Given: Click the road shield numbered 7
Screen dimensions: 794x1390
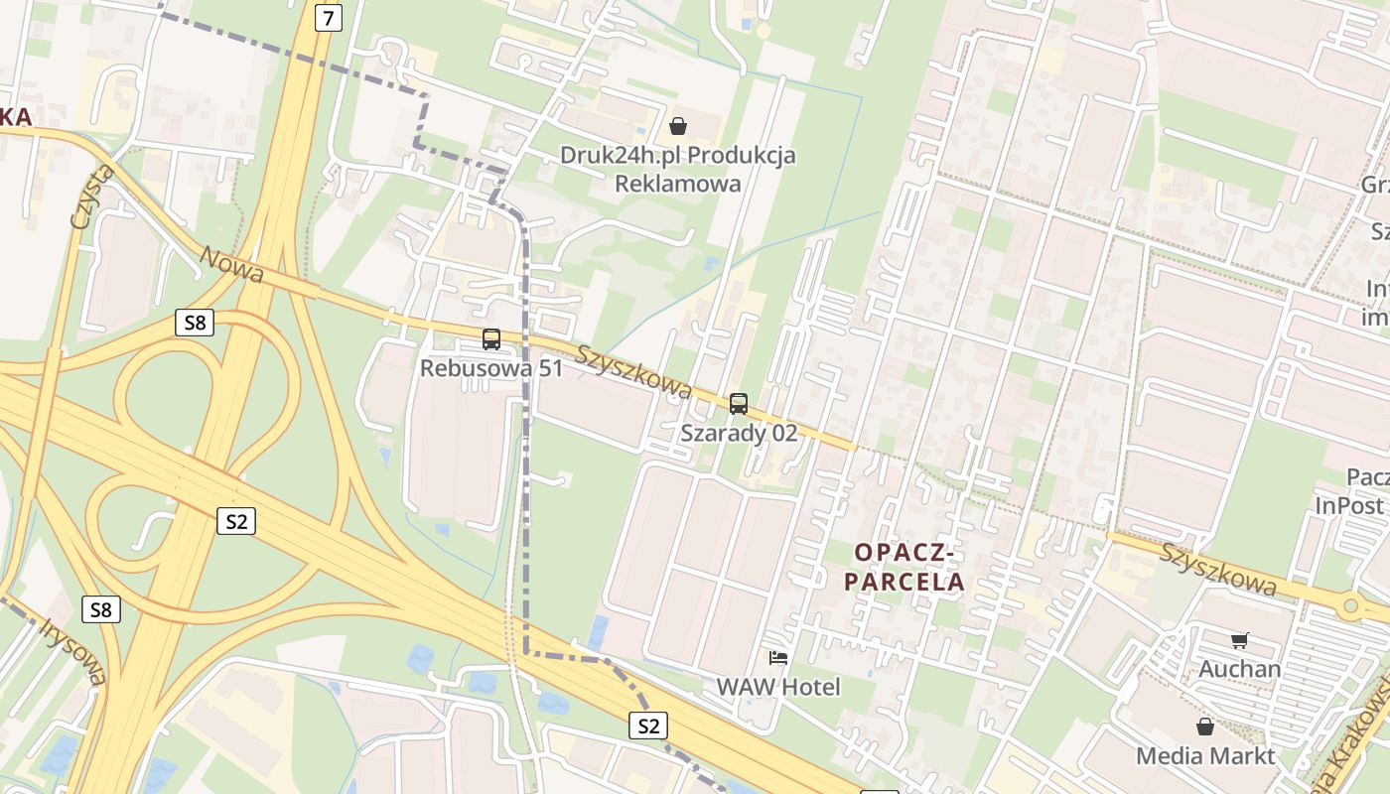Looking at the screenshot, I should click(x=328, y=18).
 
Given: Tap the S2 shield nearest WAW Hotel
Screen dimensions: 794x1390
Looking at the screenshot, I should click(x=648, y=726).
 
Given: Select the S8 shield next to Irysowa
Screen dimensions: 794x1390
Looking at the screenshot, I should click(x=101, y=608).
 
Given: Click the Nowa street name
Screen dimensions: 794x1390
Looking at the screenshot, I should click(x=231, y=264).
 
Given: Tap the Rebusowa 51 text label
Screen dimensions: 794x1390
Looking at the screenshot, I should click(x=490, y=368).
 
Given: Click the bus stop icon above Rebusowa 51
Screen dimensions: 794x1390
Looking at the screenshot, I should click(x=490, y=339).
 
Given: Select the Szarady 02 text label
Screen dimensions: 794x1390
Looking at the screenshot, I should click(x=739, y=433).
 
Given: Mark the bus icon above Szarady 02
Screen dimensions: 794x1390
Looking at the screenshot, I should click(x=738, y=403).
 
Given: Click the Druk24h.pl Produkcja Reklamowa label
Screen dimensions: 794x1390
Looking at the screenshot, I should click(x=678, y=169).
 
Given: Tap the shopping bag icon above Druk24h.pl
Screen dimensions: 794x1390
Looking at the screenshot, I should click(x=678, y=126).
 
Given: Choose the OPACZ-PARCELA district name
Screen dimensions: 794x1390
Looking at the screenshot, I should click(x=904, y=567).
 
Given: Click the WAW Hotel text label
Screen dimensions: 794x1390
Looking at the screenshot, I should click(x=778, y=687).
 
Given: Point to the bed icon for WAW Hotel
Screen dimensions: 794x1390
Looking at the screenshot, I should click(x=778, y=657).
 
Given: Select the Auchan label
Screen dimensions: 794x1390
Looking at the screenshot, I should click(x=1239, y=669).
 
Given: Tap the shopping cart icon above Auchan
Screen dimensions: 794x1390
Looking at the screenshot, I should click(x=1239, y=640).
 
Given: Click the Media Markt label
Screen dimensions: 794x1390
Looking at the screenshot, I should click(x=1205, y=755).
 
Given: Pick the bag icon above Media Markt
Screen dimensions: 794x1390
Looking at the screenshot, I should click(x=1205, y=727).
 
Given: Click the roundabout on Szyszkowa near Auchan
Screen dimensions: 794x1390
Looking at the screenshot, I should click(x=1350, y=604).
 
